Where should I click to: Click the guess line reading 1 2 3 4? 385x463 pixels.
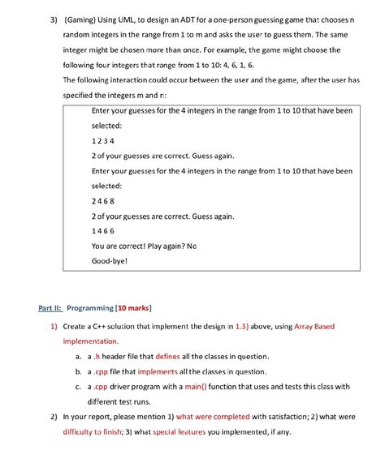104,141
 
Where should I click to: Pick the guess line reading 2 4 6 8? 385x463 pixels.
104,201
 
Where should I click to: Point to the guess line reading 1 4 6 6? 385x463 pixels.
104,231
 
